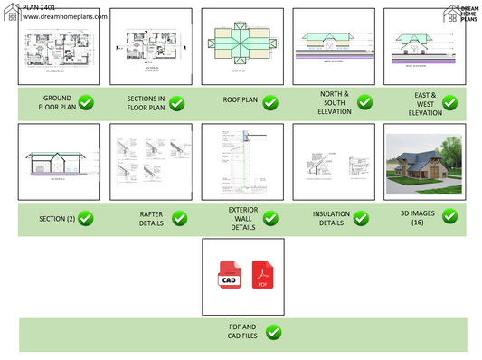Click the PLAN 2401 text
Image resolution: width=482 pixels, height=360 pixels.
[26, 6]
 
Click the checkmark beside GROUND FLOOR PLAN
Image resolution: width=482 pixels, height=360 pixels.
[87, 102]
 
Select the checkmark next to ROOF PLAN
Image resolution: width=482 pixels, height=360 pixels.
[269, 102]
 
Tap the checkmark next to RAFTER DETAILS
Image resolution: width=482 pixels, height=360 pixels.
[179, 218]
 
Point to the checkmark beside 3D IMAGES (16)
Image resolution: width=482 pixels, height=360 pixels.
[449, 216]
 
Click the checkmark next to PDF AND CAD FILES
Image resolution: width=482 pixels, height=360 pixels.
[273, 333]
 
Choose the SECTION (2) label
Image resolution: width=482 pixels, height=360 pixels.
[58, 218]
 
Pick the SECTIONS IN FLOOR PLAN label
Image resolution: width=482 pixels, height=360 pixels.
[145, 102]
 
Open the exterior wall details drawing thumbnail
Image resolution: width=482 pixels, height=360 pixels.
[242, 161]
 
